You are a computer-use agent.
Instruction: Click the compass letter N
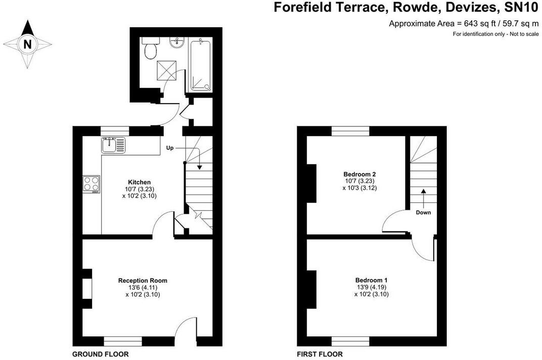(x=28, y=44)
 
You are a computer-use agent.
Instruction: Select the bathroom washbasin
(x=177, y=43)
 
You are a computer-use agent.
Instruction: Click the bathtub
(x=200, y=65)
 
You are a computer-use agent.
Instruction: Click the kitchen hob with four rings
(x=92, y=184)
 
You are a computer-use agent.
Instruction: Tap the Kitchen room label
(x=139, y=182)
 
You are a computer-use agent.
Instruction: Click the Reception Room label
(x=143, y=281)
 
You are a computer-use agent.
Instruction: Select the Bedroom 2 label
(x=360, y=174)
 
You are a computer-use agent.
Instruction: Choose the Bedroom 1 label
(x=371, y=280)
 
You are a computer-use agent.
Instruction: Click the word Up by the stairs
(x=171, y=148)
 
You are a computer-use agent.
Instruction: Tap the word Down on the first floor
(x=423, y=212)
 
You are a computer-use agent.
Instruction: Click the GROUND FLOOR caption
(x=100, y=354)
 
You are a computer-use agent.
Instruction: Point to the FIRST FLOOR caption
(x=320, y=354)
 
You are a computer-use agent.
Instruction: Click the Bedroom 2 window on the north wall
(x=350, y=130)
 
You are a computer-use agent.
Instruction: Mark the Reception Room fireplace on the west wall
(x=87, y=289)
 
